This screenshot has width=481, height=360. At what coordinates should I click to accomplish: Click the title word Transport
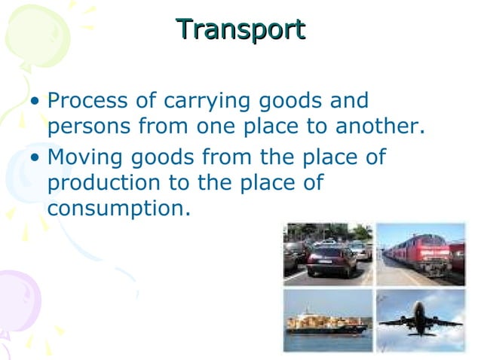pyautogui.click(x=240, y=29)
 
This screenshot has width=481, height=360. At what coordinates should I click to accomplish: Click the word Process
pyautogui.click(x=86, y=101)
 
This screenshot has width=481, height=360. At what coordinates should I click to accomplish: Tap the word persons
pyautogui.click(x=88, y=127)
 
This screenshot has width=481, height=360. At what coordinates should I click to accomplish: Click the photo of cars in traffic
pyautogui.click(x=328, y=254)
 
